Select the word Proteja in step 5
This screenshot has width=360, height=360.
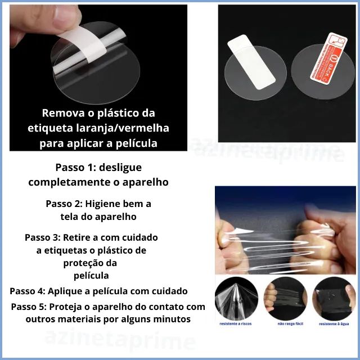[x=68, y=307]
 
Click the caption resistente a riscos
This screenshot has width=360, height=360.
[x=236, y=325]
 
